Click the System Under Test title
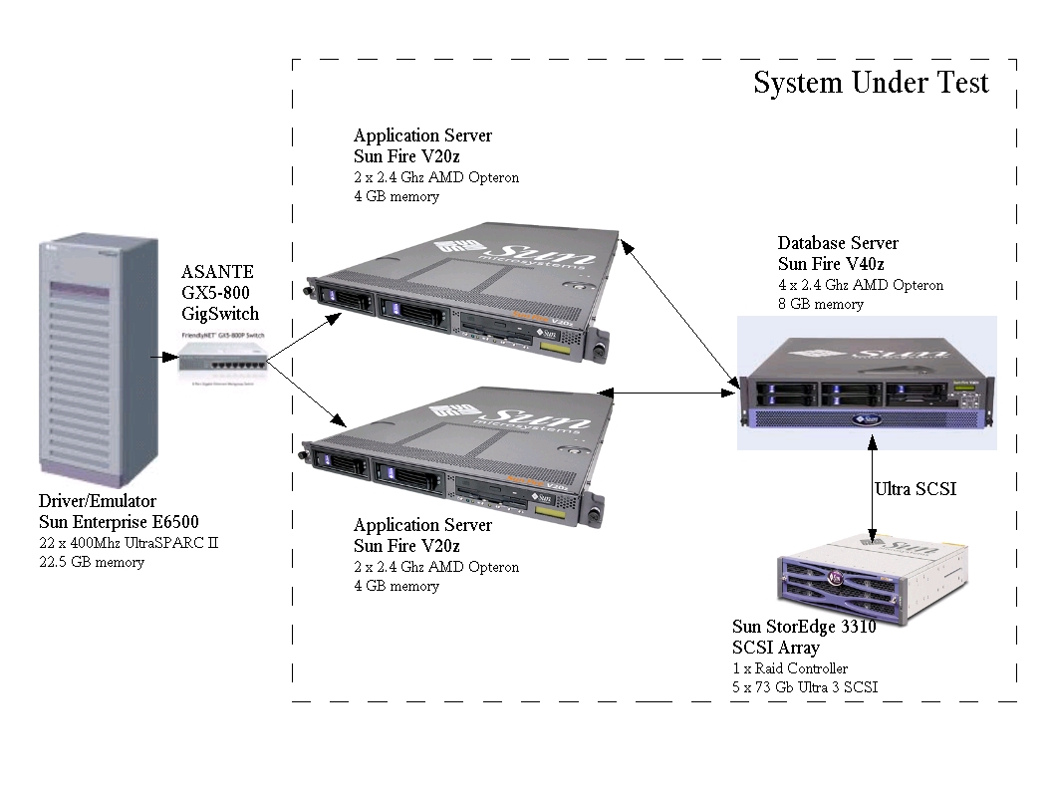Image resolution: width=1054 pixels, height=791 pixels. click(870, 83)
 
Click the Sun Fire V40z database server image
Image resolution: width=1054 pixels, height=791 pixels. click(866, 384)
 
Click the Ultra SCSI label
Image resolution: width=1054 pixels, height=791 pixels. click(916, 489)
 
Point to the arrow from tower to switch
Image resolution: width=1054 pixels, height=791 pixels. click(163, 356)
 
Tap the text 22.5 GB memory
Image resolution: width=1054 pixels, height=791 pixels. click(92, 563)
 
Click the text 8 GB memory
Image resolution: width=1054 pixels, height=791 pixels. click(821, 305)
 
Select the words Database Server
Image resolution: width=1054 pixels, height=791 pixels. click(838, 243)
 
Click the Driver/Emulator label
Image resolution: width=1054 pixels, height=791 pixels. click(98, 501)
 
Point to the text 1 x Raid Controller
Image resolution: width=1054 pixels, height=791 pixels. click(790, 668)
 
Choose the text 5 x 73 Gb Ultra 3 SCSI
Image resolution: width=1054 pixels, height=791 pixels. click(805, 687)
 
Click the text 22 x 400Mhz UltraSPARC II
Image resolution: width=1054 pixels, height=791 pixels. click(129, 543)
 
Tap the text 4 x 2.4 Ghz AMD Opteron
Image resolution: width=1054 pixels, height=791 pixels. click(861, 285)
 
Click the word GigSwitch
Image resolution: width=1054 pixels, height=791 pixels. click(220, 313)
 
